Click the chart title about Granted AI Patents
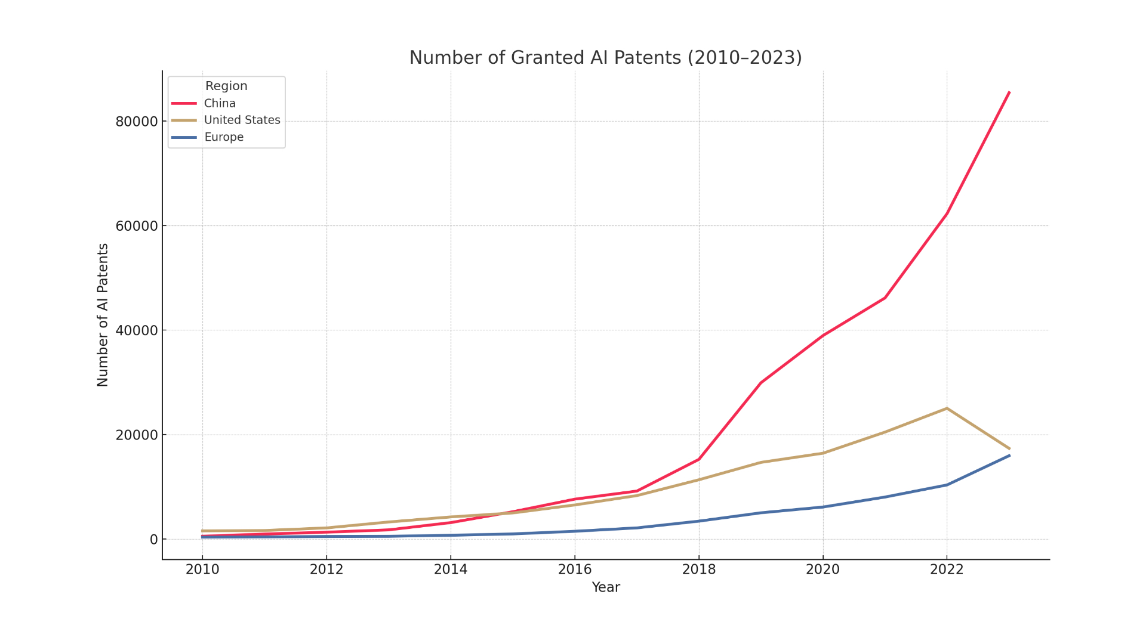tap(605, 58)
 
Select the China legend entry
tap(220, 103)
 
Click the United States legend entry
tap(242, 120)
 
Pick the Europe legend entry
tap(224, 137)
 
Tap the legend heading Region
tap(226, 86)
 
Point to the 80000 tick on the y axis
tap(137, 122)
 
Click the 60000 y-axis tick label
tap(137, 226)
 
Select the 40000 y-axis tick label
tap(137, 330)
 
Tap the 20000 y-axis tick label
tap(137, 435)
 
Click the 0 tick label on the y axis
tap(154, 540)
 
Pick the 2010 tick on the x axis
tap(202, 569)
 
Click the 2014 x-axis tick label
tap(451, 569)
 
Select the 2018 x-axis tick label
tap(699, 569)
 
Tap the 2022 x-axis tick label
tap(947, 569)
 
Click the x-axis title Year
tap(605, 587)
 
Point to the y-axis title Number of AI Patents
tap(103, 315)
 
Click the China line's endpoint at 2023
tap(1009, 92)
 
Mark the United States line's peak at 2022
tap(947, 408)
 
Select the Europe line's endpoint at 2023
tap(1009, 456)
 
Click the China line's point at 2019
tap(761, 382)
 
